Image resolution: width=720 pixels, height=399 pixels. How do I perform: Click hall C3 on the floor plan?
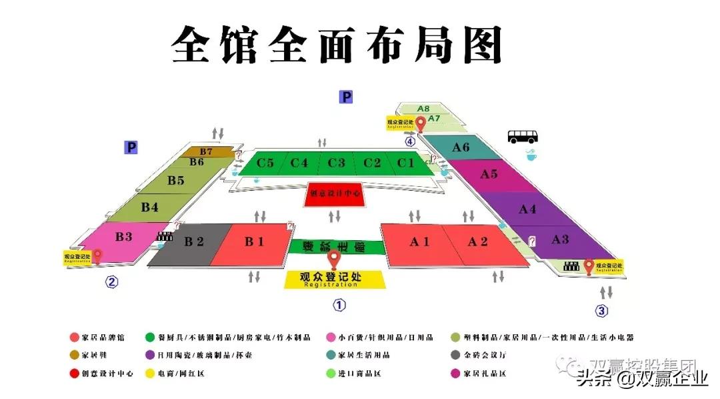(336, 163)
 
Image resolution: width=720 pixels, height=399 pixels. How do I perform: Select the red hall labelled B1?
(253, 244)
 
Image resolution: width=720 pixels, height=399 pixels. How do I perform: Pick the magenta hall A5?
(489, 175)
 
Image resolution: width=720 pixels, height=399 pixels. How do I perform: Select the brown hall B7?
(207, 152)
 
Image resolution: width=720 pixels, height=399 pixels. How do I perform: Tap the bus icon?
(523, 137)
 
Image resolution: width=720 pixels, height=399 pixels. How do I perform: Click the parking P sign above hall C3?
(345, 97)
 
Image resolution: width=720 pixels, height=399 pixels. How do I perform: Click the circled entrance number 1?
(339, 306)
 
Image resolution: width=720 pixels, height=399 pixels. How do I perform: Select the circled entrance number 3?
(602, 310)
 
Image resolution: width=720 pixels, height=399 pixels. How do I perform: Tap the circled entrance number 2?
(111, 282)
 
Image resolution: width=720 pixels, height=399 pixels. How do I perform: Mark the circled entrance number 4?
(410, 141)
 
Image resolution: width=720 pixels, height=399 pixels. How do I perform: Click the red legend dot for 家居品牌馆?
(74, 338)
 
